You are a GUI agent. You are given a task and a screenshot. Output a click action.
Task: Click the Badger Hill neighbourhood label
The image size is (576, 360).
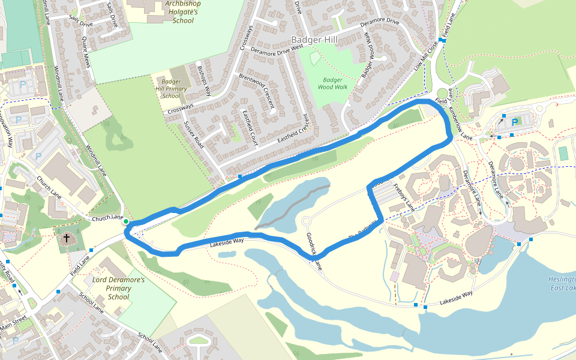coord(314,40)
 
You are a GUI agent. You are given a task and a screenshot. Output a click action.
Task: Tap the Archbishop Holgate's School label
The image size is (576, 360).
coord(182,12)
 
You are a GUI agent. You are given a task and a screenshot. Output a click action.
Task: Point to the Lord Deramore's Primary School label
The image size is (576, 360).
coord(118,288)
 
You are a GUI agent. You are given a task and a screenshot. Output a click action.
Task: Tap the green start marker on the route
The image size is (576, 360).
coord(126,222)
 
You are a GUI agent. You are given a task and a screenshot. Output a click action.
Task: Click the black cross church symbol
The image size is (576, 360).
coord(67,238)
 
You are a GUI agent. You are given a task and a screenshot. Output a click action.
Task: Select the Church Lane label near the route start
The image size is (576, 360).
coord(107,218)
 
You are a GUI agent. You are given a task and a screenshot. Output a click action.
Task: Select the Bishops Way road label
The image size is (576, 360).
coord(205,82)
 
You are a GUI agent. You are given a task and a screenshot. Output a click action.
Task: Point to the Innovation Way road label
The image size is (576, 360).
coord(7,132)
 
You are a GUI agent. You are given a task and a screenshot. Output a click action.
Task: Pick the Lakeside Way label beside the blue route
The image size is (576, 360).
coord(227,242)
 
